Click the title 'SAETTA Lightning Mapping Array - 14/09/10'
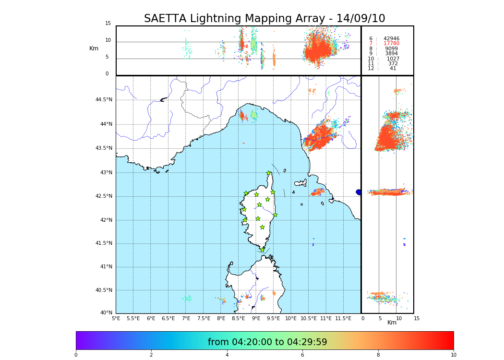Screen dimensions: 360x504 264,19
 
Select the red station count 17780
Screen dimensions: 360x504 391,44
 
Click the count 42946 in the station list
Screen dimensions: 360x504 391,39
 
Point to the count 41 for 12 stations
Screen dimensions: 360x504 393,69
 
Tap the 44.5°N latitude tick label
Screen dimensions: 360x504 103,100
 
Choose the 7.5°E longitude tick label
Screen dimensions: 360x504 204,318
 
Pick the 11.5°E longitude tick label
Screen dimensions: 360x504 343,318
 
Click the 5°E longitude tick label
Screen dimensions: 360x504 116,318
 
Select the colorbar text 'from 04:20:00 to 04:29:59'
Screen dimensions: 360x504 267,342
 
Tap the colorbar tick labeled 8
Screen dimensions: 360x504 378,355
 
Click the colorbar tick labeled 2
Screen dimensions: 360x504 151,355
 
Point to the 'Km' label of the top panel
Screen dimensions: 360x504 94,48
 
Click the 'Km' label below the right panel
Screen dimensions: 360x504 392,323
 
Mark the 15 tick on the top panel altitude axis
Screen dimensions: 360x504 108,24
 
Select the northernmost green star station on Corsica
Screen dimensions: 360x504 269,173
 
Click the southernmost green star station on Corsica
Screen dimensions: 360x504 262,250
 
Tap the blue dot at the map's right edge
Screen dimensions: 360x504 358,192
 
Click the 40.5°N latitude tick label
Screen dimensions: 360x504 103,290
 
